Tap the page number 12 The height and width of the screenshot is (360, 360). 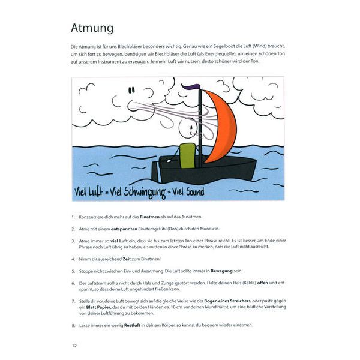[x=74, y=345]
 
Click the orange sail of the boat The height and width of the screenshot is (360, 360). [x=220, y=127]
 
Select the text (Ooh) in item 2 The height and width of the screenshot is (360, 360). [x=180, y=228]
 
